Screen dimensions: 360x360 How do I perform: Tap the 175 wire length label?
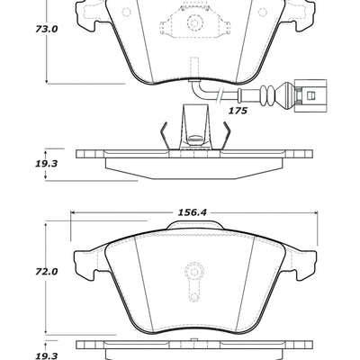click(x=237, y=111)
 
